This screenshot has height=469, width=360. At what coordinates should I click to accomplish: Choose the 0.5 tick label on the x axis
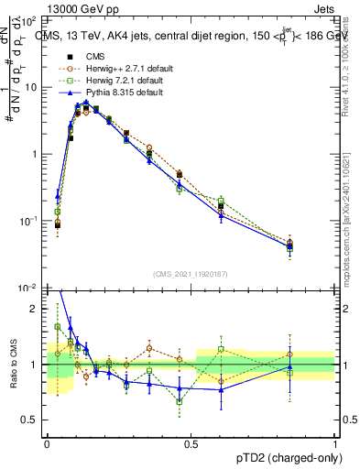coord(191,442)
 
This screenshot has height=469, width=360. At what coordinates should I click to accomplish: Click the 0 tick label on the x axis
coord(47,442)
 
